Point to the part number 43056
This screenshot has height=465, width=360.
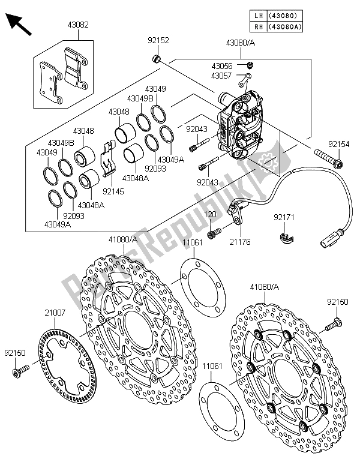click(221, 65)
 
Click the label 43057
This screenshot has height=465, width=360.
click(221, 76)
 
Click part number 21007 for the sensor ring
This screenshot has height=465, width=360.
click(55, 311)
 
